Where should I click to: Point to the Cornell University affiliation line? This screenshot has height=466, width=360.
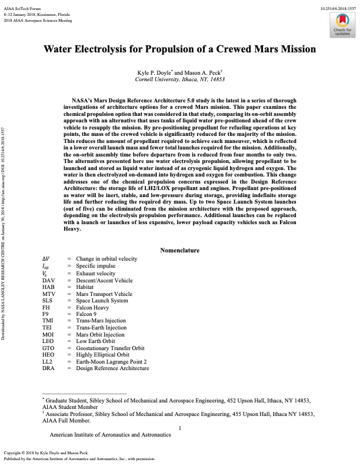[x=180, y=79]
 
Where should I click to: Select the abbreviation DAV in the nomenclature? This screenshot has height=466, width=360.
[x=50, y=280]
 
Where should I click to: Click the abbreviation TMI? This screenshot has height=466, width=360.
[x=49, y=321]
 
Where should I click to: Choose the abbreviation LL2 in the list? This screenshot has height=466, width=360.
[x=49, y=361]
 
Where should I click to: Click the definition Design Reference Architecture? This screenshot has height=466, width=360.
[x=112, y=368]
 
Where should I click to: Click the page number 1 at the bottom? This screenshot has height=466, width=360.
[x=180, y=428]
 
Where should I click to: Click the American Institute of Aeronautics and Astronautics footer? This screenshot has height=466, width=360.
[x=110, y=435]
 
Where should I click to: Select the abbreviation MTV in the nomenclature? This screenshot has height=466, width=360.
[x=50, y=294]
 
